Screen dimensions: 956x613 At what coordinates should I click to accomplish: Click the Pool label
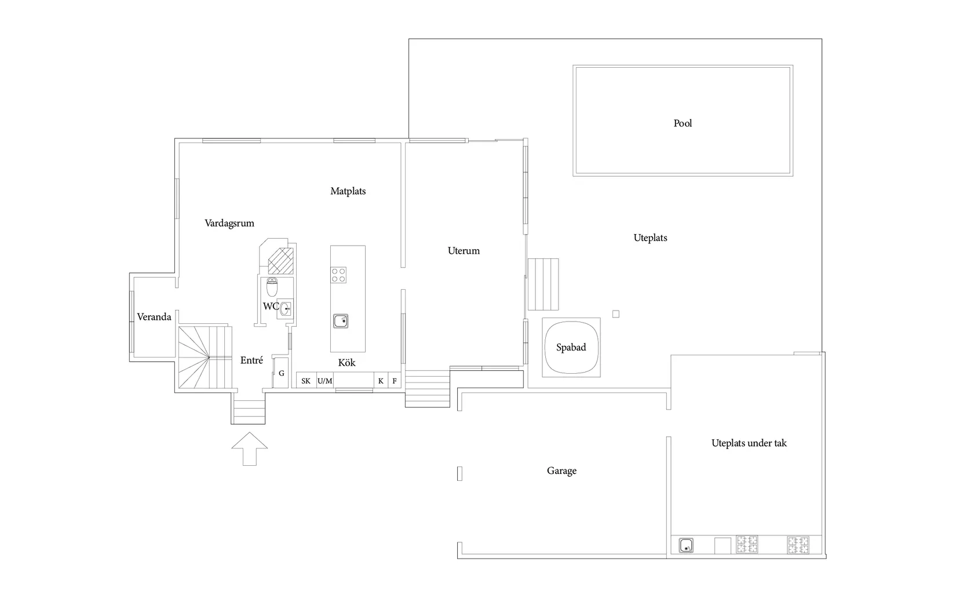click(x=683, y=123)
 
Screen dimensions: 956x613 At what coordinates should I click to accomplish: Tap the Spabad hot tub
click(x=571, y=348)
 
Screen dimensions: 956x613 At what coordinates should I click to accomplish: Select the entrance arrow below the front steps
click(x=250, y=448)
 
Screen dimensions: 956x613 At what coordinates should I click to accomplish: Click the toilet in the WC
click(x=272, y=287)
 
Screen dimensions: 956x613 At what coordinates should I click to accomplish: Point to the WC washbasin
click(x=286, y=308)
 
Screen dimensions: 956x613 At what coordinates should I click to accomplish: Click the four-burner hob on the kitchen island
click(x=338, y=275)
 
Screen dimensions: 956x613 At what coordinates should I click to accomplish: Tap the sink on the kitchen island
click(x=341, y=321)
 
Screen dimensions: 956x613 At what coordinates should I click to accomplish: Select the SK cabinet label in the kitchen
click(x=306, y=381)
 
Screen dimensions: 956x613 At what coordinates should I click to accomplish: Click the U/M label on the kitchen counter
click(x=325, y=381)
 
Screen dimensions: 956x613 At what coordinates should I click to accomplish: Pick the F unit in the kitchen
click(x=395, y=381)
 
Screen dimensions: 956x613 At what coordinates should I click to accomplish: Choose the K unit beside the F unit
click(x=381, y=381)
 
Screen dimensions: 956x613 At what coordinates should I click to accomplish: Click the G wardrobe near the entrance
click(x=281, y=373)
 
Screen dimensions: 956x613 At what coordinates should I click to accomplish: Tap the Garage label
click(x=561, y=471)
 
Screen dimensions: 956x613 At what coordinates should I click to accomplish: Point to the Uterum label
click(x=464, y=250)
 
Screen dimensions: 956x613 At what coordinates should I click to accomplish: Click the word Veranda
click(x=154, y=317)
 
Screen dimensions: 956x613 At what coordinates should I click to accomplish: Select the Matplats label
click(x=348, y=191)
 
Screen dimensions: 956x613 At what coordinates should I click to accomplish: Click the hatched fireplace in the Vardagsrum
click(x=281, y=261)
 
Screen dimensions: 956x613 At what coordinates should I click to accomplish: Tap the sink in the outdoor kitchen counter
click(x=686, y=546)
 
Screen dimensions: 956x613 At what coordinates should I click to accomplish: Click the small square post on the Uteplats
click(x=616, y=314)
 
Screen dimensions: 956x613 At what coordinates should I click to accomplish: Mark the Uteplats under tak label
click(x=749, y=443)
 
